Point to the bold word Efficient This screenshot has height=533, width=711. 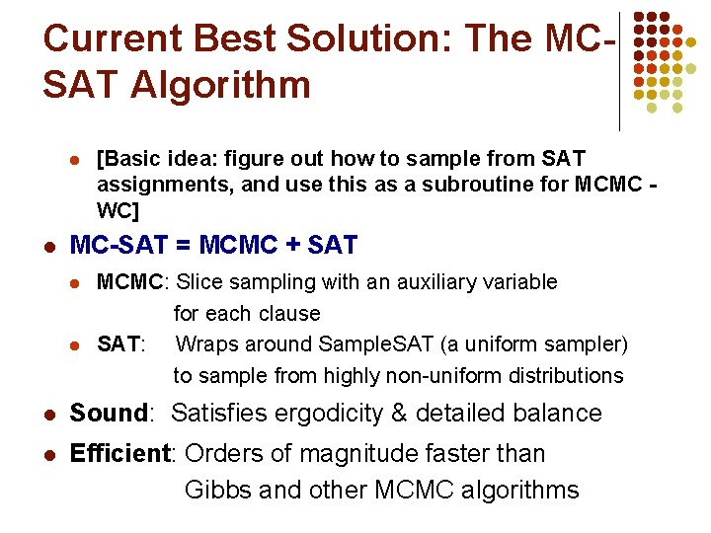[x=121, y=454]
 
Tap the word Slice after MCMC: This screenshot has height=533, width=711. [x=202, y=282]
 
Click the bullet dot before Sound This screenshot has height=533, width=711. [x=46, y=415]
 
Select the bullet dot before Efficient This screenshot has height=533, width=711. [x=46, y=455]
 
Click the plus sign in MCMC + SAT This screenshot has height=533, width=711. [x=289, y=245]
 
